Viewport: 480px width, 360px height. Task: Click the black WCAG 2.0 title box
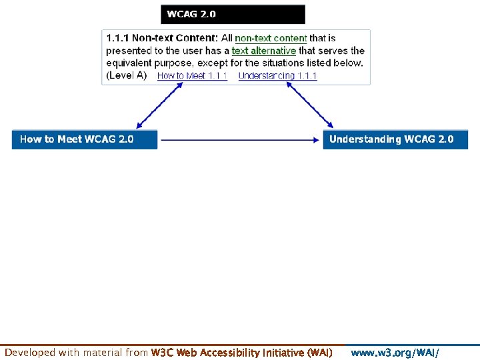coord(233,14)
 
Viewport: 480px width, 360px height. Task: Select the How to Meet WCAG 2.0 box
coord(85,139)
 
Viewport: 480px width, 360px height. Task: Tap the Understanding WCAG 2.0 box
coord(395,139)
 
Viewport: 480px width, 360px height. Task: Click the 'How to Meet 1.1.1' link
coord(192,76)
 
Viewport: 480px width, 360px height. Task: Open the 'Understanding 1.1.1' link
coord(277,76)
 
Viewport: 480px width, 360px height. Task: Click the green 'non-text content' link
coord(271,39)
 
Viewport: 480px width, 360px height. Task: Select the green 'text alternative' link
coord(263,51)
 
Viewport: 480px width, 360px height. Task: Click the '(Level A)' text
coord(127,75)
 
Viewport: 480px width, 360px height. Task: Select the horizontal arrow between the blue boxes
coord(240,140)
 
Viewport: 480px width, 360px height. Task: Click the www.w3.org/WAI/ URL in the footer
coord(395,352)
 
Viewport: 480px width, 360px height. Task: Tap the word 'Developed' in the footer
coord(30,352)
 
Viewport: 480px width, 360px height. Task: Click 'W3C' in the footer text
coord(163,352)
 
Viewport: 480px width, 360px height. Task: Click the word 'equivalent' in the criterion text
coord(130,63)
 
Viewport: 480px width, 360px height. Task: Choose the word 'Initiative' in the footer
coord(281,352)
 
